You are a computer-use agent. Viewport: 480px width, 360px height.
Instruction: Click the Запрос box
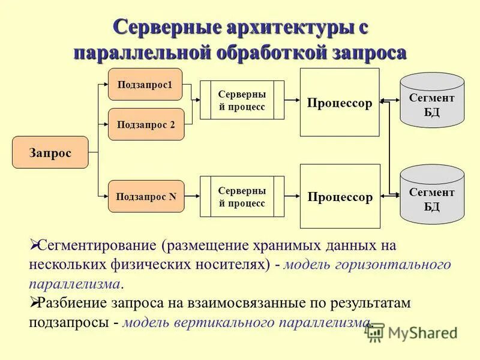point(50,152)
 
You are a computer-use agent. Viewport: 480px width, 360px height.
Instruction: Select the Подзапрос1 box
point(145,85)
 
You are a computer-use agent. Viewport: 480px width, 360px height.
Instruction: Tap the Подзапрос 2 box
point(146,124)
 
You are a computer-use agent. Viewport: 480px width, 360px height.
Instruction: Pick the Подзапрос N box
point(146,196)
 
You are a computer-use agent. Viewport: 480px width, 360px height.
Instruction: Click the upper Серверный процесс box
point(242,100)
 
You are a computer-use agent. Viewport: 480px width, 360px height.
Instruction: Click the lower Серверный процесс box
point(242,196)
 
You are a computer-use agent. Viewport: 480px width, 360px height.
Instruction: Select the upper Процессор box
point(340,103)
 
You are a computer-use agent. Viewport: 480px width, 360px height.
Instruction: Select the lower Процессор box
point(340,196)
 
